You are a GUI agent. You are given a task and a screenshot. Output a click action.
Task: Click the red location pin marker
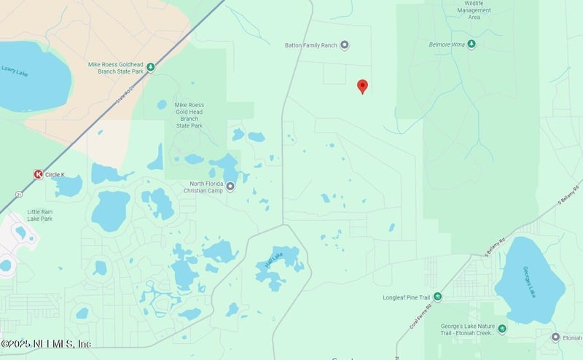pos(362,87)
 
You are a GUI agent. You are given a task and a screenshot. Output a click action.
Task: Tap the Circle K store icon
pos(38,174)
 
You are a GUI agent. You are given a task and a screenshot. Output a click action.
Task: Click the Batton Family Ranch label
pos(311,45)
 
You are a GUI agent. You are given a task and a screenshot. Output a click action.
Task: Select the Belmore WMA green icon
pos(472,44)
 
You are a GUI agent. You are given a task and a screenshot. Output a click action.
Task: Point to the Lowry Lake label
pos(14,70)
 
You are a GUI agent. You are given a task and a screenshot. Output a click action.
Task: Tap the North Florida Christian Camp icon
pos(231,187)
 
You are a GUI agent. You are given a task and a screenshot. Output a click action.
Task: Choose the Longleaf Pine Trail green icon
pos(437,297)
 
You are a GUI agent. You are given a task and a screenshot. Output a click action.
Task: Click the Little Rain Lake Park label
pos(40,215)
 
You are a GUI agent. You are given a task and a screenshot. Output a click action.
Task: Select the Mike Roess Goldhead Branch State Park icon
pos(150,67)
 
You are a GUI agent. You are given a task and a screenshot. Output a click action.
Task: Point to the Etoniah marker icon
pos(555,337)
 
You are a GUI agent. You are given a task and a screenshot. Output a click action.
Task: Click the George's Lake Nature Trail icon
pos(501,329)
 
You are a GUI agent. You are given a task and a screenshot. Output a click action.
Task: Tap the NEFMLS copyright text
pos(45,343)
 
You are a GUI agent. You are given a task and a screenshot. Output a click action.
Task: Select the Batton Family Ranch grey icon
pos(345,45)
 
